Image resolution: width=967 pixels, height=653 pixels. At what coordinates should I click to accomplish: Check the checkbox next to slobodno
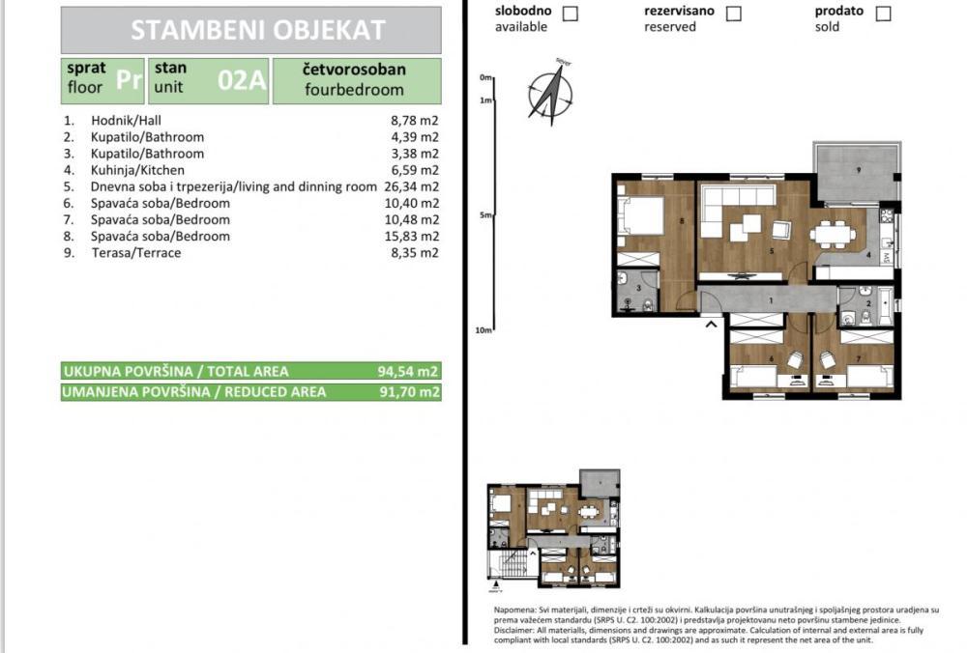click(x=571, y=14)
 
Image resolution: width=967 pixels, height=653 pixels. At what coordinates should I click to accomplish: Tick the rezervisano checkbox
click(x=734, y=14)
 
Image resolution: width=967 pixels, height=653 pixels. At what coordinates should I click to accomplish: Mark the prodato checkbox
click(x=883, y=14)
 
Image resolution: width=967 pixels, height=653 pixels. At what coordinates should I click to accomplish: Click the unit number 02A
click(x=241, y=80)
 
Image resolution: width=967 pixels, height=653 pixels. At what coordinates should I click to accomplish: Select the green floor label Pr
click(x=129, y=80)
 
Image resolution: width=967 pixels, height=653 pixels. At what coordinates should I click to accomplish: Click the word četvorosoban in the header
click(x=355, y=70)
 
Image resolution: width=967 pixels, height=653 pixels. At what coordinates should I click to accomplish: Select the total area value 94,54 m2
click(x=408, y=371)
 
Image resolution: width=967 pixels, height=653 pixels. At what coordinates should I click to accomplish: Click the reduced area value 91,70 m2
click(x=408, y=392)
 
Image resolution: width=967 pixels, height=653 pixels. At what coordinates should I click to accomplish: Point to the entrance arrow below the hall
click(x=712, y=325)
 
